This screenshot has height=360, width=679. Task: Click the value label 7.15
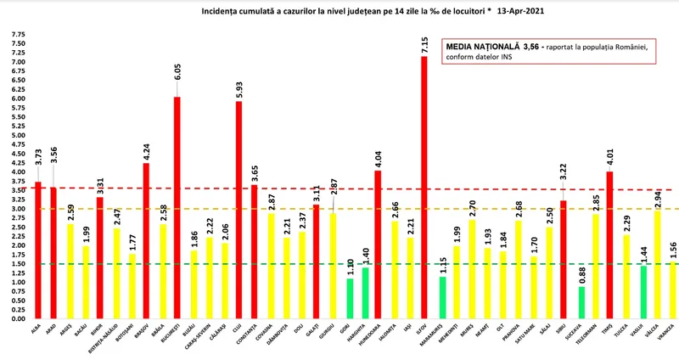pos(424,45)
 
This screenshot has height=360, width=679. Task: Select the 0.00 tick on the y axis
pos(17,319)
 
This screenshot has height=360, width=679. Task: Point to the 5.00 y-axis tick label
pos(17,135)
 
